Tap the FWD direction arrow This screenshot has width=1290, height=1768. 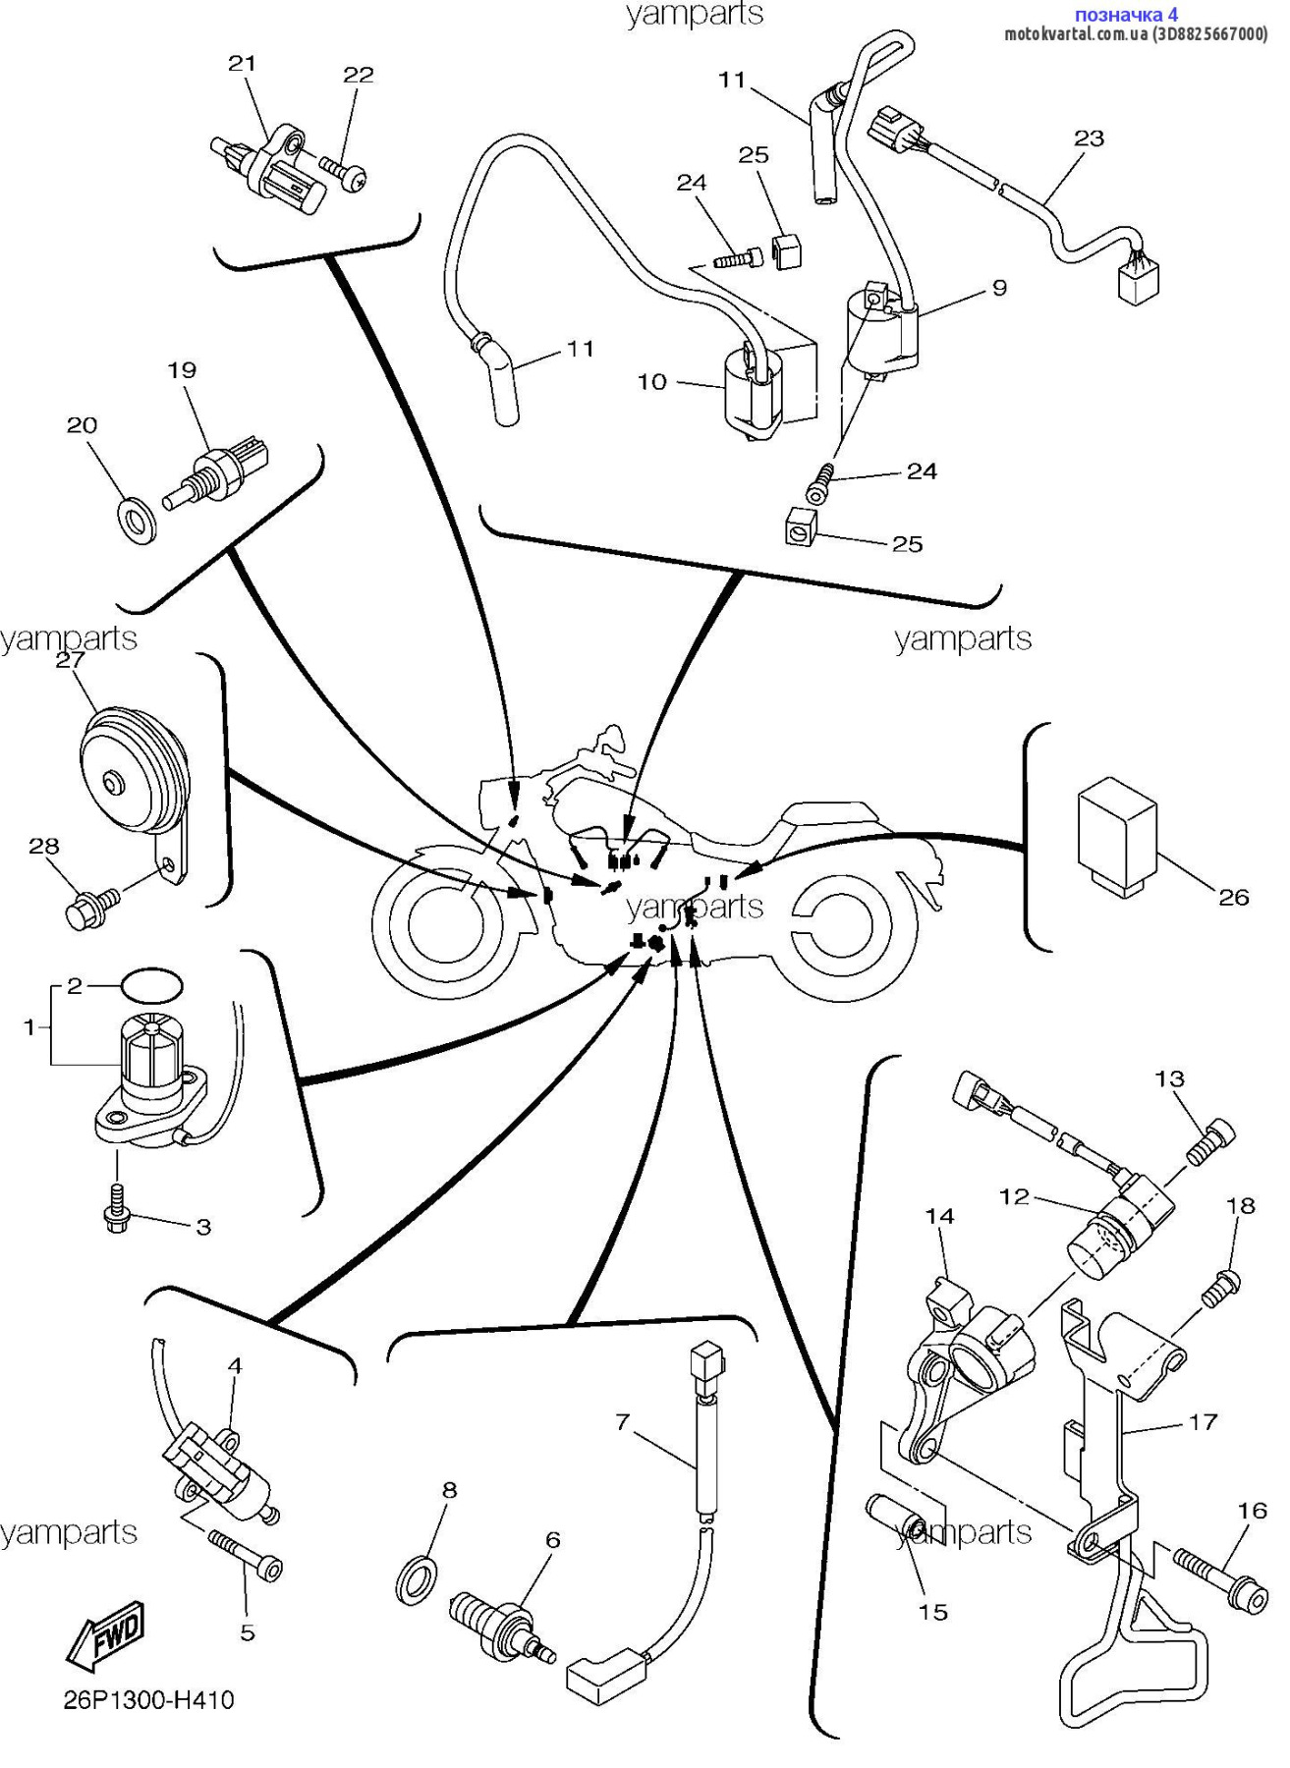[106, 1635]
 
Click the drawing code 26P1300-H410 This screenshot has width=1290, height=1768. [148, 1700]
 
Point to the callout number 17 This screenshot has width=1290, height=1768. [1203, 1421]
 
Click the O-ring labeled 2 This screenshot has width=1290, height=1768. [152, 983]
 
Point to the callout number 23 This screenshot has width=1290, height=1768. [1089, 138]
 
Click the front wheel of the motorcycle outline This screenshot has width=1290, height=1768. [447, 921]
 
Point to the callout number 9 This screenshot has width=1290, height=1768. [999, 288]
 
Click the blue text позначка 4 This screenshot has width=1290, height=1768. [1126, 15]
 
